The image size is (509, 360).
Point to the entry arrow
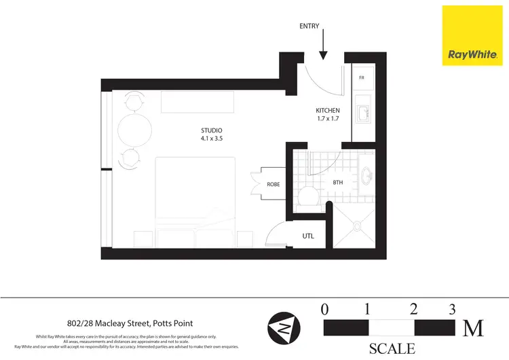[324, 46]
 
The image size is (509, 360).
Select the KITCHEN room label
[327, 110]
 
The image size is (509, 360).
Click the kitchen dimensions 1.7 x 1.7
[327, 119]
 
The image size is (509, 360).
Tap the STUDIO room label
[212, 130]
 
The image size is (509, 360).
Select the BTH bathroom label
[338, 182]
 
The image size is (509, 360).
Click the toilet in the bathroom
[307, 197]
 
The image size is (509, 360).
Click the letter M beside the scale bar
[473, 329]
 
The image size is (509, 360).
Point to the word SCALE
[392, 349]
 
